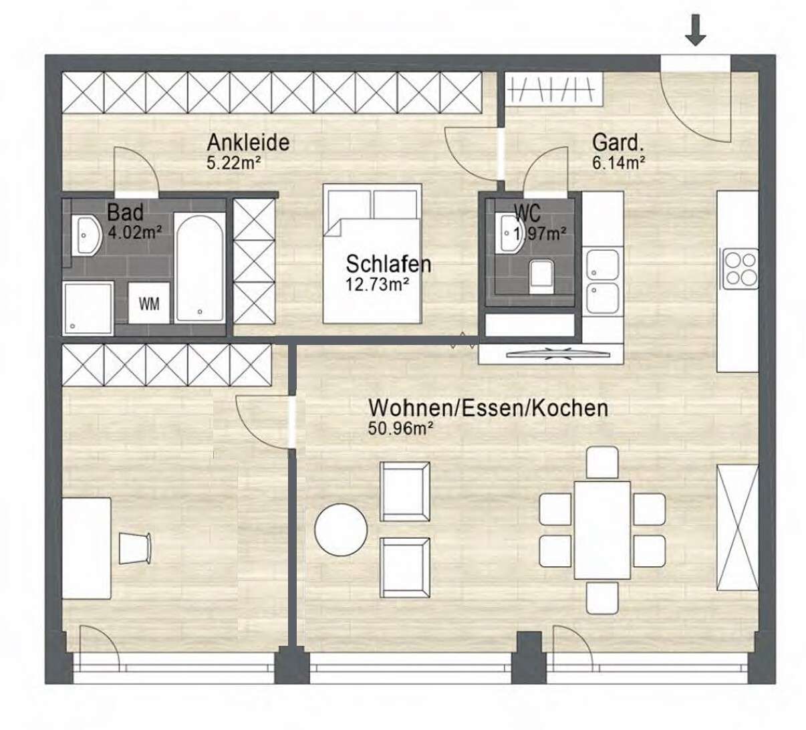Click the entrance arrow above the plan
pyautogui.click(x=696, y=29)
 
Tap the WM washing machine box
pyautogui.click(x=148, y=303)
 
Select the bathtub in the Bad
pyautogui.click(x=200, y=268)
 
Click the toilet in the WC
pyautogui.click(x=541, y=277)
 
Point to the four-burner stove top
pyautogui.click(x=741, y=269)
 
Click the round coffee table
pyautogui.click(x=341, y=530)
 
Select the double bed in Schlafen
pyautogui.click(x=372, y=253)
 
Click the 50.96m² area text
pyautogui.click(x=400, y=429)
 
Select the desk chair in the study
pyautogui.click(x=136, y=548)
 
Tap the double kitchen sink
pyautogui.click(x=602, y=281)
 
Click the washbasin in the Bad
pyautogui.click(x=86, y=235)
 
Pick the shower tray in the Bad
pyautogui.click(x=88, y=308)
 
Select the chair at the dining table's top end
pyautogui.click(x=602, y=463)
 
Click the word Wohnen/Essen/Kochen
pyautogui.click(x=488, y=408)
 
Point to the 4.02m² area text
pyautogui.click(x=135, y=233)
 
